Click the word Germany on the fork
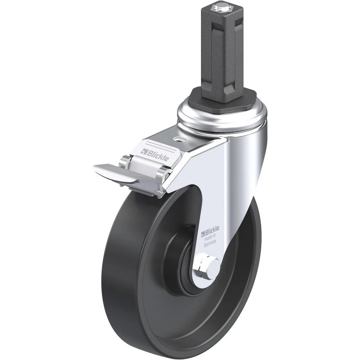click(x=210, y=244)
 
